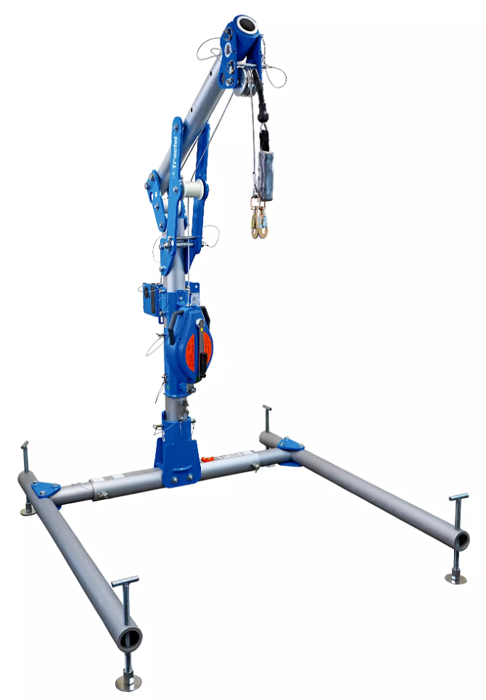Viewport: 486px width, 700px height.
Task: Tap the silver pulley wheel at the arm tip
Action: [247, 81]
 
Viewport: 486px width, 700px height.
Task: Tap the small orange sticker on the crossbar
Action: [207, 458]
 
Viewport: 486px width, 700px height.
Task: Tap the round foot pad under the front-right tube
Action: [456, 577]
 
